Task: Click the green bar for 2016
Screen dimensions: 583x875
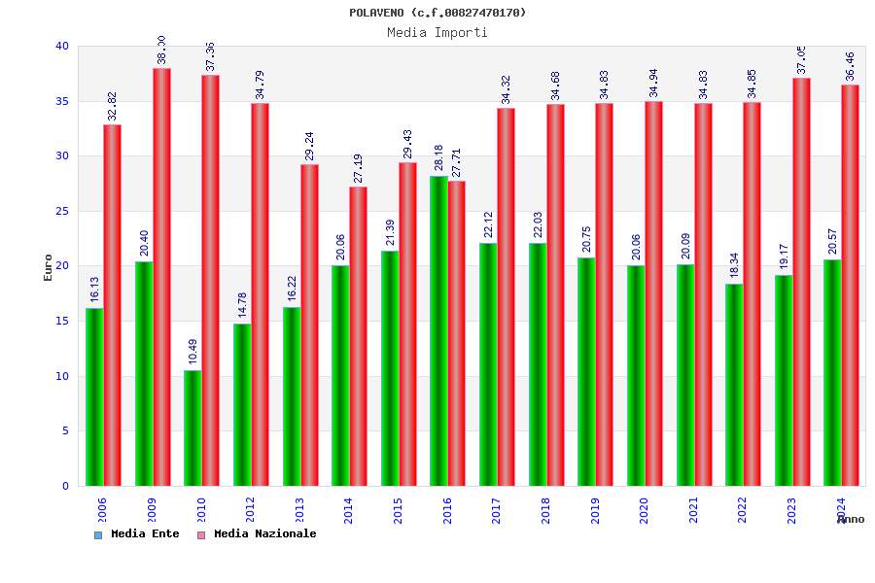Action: (438, 330)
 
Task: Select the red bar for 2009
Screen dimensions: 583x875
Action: (161, 277)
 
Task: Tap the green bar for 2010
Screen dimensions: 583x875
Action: (192, 428)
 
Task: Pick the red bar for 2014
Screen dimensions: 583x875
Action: (359, 335)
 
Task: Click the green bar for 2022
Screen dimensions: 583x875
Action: (734, 385)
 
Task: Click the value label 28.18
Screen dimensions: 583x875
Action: (438, 157)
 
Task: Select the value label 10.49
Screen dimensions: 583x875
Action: (192, 352)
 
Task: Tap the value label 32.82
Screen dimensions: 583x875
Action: (113, 106)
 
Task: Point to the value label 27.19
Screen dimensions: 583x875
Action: (359, 168)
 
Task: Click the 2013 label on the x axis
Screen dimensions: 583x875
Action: (300, 510)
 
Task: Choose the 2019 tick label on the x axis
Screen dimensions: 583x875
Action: (596, 510)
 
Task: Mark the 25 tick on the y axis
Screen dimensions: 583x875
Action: (62, 211)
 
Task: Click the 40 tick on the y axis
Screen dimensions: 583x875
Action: (62, 46)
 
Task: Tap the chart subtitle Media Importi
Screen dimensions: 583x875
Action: (437, 32)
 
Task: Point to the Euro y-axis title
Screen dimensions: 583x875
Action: (48, 267)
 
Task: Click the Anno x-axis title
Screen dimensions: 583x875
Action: (851, 520)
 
